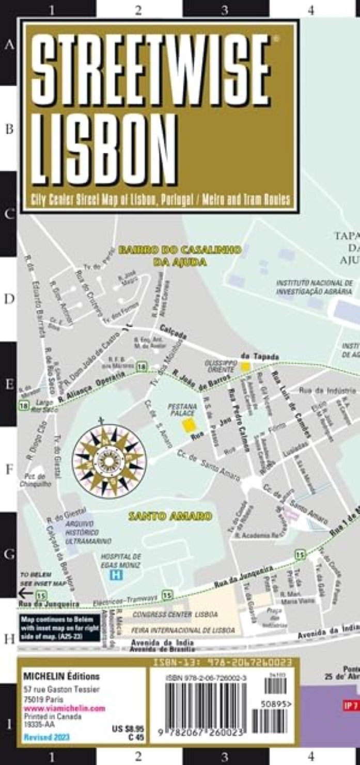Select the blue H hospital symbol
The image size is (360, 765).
tap(118, 575)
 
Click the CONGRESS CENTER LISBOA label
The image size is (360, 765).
tap(175, 615)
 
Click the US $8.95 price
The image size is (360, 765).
tap(124, 729)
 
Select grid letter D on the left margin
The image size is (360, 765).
tap(9, 299)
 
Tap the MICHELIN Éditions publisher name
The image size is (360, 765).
tap(61, 676)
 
